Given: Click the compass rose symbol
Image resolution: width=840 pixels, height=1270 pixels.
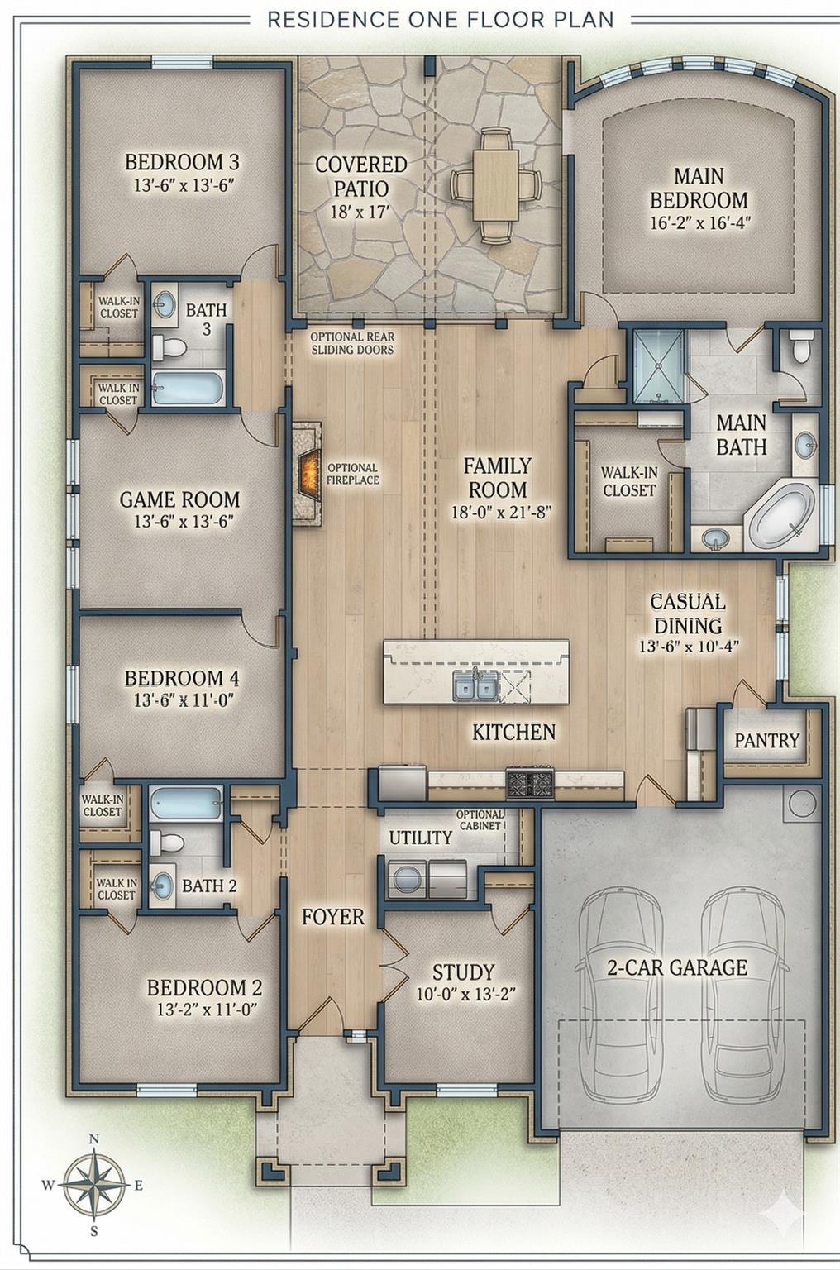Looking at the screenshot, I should point(93,1185).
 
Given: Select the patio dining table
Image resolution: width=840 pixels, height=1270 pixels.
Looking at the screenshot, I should point(495,185).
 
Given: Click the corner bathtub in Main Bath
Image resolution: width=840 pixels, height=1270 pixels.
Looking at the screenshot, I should point(783,514).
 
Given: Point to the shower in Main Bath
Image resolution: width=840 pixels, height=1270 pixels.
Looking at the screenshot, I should point(658,366).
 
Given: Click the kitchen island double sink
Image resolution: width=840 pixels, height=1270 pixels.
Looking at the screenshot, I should point(475,685).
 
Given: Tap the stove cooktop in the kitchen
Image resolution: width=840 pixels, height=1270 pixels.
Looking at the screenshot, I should point(530,782).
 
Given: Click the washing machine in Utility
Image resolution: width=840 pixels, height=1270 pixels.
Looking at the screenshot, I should point(407,878).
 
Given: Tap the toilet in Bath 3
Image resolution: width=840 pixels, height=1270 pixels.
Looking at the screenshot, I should point(169,346).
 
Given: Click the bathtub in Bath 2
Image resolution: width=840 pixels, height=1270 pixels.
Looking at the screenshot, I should point(185,803).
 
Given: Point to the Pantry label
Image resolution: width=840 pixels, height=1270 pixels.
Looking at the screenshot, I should point(766,740).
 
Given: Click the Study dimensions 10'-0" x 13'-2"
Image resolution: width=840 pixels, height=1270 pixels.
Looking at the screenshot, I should point(465,994).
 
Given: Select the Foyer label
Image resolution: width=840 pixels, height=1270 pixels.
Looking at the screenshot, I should point(332,916).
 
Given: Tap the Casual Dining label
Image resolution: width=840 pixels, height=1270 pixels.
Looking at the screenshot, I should point(687,614).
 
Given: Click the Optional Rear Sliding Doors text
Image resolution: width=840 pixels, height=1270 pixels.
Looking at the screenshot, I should point(352,343).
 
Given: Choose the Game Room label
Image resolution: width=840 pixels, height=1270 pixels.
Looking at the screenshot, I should point(179,499).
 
